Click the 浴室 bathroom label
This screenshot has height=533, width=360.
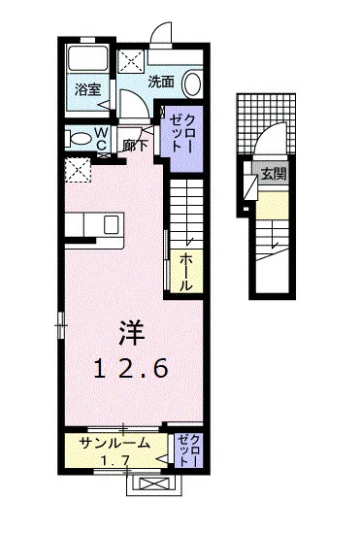coord(88,88)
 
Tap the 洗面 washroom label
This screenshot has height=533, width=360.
coord(161,82)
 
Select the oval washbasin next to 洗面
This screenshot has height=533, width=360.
coord(192,83)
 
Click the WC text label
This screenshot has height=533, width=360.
coord(101,140)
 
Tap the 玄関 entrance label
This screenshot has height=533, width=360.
coord(274,175)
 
